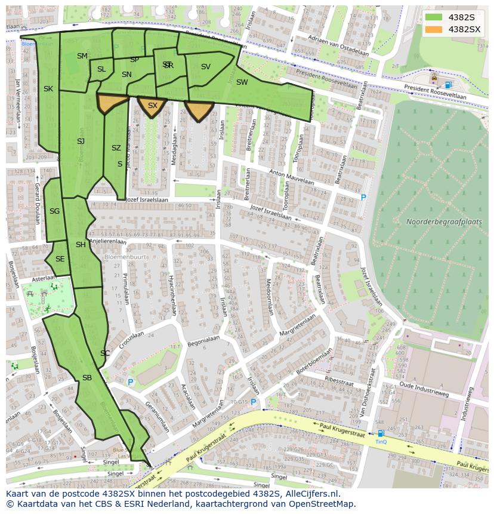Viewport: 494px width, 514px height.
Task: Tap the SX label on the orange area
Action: [153, 106]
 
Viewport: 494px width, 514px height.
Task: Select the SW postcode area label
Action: [242, 82]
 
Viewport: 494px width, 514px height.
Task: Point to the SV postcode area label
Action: [206, 67]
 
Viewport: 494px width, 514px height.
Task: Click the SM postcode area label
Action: [82, 56]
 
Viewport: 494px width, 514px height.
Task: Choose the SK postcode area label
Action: [48, 89]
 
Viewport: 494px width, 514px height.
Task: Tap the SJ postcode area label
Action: [81, 141]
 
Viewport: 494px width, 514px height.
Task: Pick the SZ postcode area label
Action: [116, 148]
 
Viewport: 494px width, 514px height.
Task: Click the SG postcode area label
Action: [54, 211]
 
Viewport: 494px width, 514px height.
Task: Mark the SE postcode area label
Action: [60, 259]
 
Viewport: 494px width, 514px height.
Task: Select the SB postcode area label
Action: [87, 378]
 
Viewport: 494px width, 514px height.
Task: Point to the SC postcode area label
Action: [105, 353]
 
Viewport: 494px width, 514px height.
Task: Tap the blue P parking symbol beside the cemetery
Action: [363, 198]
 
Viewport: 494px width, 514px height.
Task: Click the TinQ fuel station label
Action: [381, 442]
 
